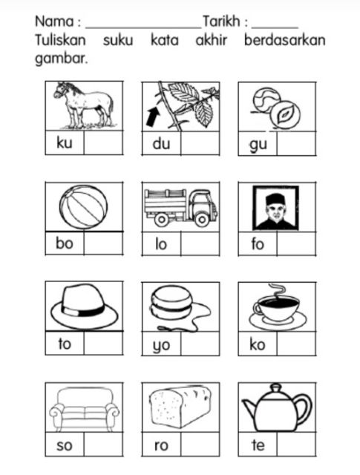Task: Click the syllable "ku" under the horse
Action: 65,142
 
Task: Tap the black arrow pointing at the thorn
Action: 154,117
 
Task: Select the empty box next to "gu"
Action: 296,143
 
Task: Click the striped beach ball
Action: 83,206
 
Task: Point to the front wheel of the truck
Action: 201,219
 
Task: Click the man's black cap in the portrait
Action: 274,199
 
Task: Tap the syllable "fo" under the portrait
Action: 258,243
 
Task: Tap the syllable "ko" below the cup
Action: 258,344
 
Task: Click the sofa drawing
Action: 84,408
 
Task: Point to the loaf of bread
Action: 180,406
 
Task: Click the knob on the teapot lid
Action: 276,388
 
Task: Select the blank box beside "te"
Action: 296,444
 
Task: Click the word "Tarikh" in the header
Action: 221,22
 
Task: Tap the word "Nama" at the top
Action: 54,22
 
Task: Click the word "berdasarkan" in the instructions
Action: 284,40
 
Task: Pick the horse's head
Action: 61,91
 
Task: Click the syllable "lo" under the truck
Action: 161,243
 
